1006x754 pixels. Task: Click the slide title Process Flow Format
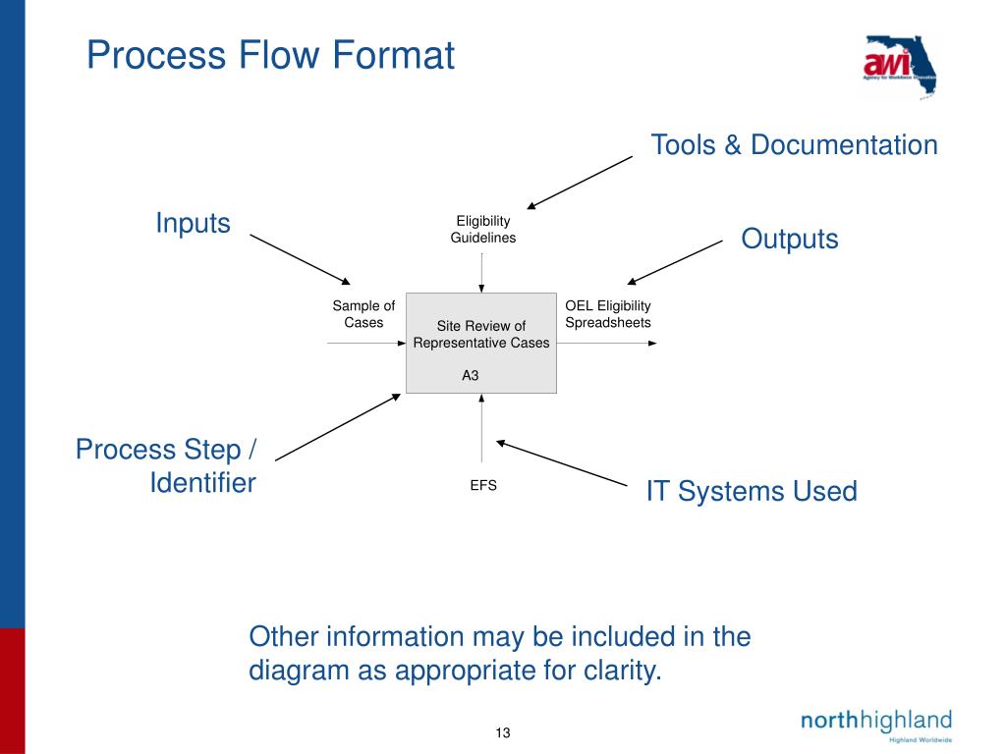pyautogui.click(x=270, y=55)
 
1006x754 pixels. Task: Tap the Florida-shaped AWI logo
pyautogui.click(x=900, y=66)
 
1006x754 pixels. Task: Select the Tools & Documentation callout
pyautogui.click(x=794, y=145)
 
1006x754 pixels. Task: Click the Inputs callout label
pyautogui.click(x=193, y=224)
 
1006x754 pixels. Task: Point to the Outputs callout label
pyautogui.click(x=789, y=240)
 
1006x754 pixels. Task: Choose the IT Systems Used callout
pyautogui.click(x=751, y=491)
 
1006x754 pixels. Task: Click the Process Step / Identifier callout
pyautogui.click(x=166, y=466)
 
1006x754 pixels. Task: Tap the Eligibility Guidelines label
pyautogui.click(x=482, y=230)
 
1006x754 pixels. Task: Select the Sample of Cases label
pyautogui.click(x=363, y=314)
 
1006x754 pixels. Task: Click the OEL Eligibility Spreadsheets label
pyautogui.click(x=607, y=314)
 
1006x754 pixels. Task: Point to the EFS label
pyautogui.click(x=482, y=485)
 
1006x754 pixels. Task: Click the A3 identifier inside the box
pyautogui.click(x=471, y=375)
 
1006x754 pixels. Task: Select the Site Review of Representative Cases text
pyautogui.click(x=481, y=335)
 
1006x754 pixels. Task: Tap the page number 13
pyautogui.click(x=503, y=732)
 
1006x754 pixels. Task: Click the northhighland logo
pyautogui.click(x=875, y=723)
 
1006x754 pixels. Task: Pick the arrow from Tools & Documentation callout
pyautogui.click(x=580, y=182)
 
